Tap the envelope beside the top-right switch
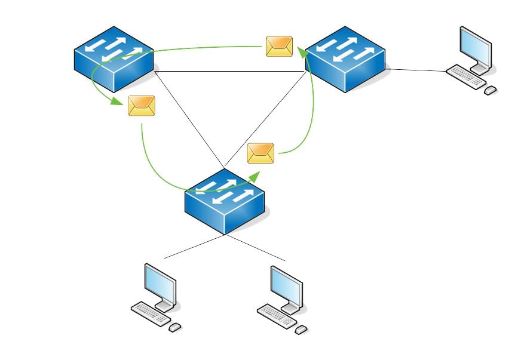click(x=279, y=47)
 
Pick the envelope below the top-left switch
click(x=142, y=106)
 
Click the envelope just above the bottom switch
click(x=260, y=153)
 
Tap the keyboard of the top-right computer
click(x=467, y=76)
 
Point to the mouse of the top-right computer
click(x=491, y=90)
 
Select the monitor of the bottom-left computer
click(x=160, y=284)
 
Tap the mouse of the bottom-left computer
click(x=175, y=327)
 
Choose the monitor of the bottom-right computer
click(x=286, y=286)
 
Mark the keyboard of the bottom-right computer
click(x=277, y=316)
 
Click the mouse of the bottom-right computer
click(x=301, y=329)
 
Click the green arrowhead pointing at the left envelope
click(x=119, y=101)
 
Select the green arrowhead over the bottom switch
click(x=255, y=175)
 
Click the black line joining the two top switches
click(x=230, y=72)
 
